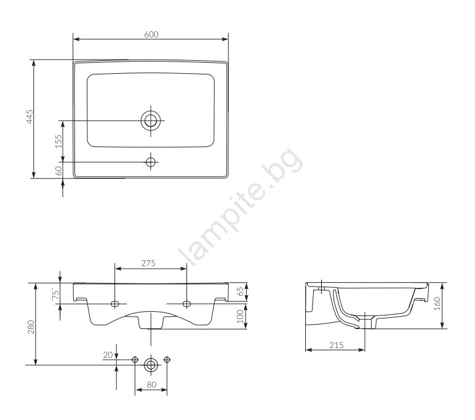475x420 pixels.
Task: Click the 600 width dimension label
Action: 151,34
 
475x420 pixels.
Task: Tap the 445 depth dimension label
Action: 30,117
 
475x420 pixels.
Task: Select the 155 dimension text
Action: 58,141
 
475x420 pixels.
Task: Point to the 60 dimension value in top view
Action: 59,170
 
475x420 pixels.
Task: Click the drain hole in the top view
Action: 151,121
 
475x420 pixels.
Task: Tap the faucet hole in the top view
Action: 151,162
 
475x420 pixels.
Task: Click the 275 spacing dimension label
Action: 148,263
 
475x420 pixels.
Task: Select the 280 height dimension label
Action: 31,327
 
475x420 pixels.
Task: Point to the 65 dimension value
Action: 240,291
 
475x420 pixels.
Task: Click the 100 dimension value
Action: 240,317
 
